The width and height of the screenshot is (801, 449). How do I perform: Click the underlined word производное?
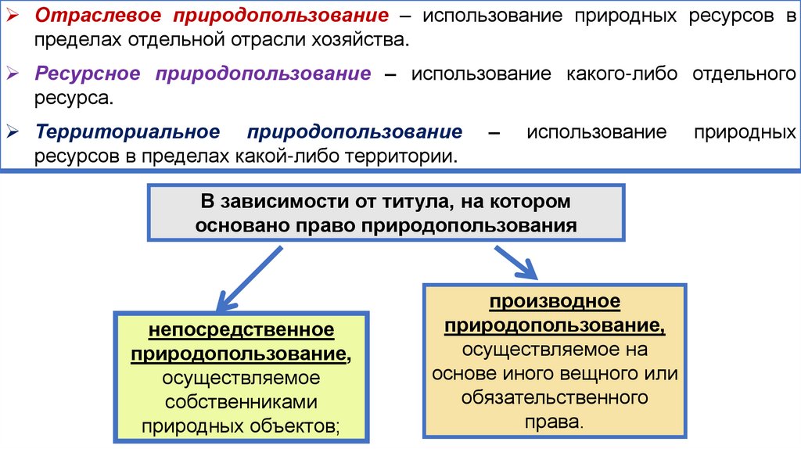coord(555,300)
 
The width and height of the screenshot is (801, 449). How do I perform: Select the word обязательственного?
coord(555,397)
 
